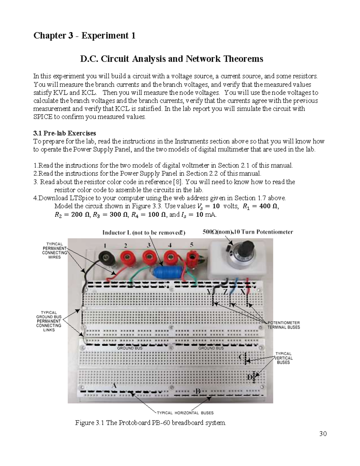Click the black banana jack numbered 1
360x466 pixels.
pos(107,257)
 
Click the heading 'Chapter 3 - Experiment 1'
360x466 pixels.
pos(84,36)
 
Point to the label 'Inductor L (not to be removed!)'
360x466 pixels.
pos(144,233)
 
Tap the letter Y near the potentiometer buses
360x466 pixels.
pos(209,292)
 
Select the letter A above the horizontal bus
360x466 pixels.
pos(114,386)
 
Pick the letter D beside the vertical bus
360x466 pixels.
pos(250,378)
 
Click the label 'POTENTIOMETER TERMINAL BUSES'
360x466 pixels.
pos(283,325)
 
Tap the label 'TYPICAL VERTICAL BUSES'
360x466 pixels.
pos(283,358)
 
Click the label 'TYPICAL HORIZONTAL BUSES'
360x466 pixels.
pos(185,413)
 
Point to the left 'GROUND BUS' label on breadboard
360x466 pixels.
pos(130,348)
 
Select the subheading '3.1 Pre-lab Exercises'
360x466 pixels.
pos(64,133)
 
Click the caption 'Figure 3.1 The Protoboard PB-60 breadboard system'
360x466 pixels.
pos(150,423)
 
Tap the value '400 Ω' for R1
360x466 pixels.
pos(268,206)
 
